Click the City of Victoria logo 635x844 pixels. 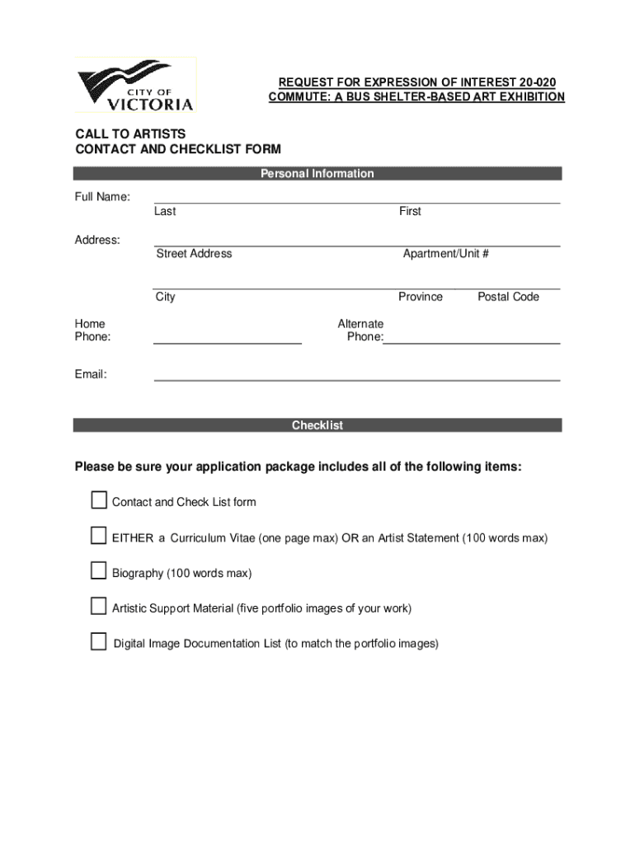(x=136, y=85)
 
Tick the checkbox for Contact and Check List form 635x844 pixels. (x=99, y=500)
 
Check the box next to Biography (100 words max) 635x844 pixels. (x=99, y=571)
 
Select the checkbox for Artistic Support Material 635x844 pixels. (x=99, y=607)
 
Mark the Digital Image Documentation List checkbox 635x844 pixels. (x=99, y=642)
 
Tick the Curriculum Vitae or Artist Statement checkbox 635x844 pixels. (x=99, y=537)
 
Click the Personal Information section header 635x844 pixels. (x=317, y=173)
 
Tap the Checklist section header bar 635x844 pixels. (x=317, y=425)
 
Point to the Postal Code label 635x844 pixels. (x=508, y=297)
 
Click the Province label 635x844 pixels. (x=421, y=297)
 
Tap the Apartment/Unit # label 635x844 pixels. (x=445, y=254)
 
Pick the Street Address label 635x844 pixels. (x=194, y=254)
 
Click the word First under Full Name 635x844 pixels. (x=410, y=211)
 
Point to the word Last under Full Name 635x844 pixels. (x=165, y=211)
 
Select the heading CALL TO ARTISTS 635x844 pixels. (x=130, y=134)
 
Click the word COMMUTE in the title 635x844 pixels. (x=299, y=97)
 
